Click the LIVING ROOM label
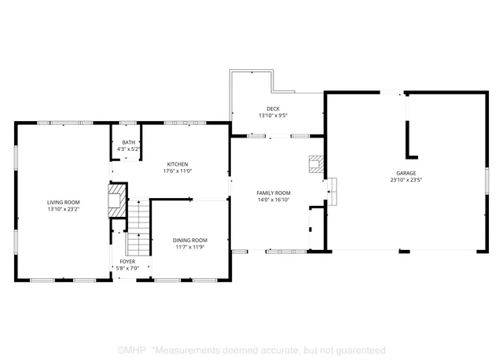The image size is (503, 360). (64, 202)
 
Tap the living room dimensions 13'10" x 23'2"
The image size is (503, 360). (64, 210)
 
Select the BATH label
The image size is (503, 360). (127, 142)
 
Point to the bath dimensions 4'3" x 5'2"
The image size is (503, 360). (127, 149)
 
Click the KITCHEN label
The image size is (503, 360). (177, 163)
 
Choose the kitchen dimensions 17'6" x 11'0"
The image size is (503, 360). (177, 171)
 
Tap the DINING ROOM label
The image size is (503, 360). (189, 240)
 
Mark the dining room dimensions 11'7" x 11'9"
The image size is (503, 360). (189, 247)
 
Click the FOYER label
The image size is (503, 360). (127, 261)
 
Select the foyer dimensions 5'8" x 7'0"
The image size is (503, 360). (127, 268)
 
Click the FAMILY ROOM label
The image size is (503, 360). (274, 193)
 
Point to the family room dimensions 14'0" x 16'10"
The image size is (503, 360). (274, 200)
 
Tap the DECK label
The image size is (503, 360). (273, 108)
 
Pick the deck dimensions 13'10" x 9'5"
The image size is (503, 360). (273, 116)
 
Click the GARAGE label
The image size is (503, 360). (406, 172)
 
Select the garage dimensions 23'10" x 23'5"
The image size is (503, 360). (406, 179)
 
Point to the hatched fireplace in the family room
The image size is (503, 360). (315, 163)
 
